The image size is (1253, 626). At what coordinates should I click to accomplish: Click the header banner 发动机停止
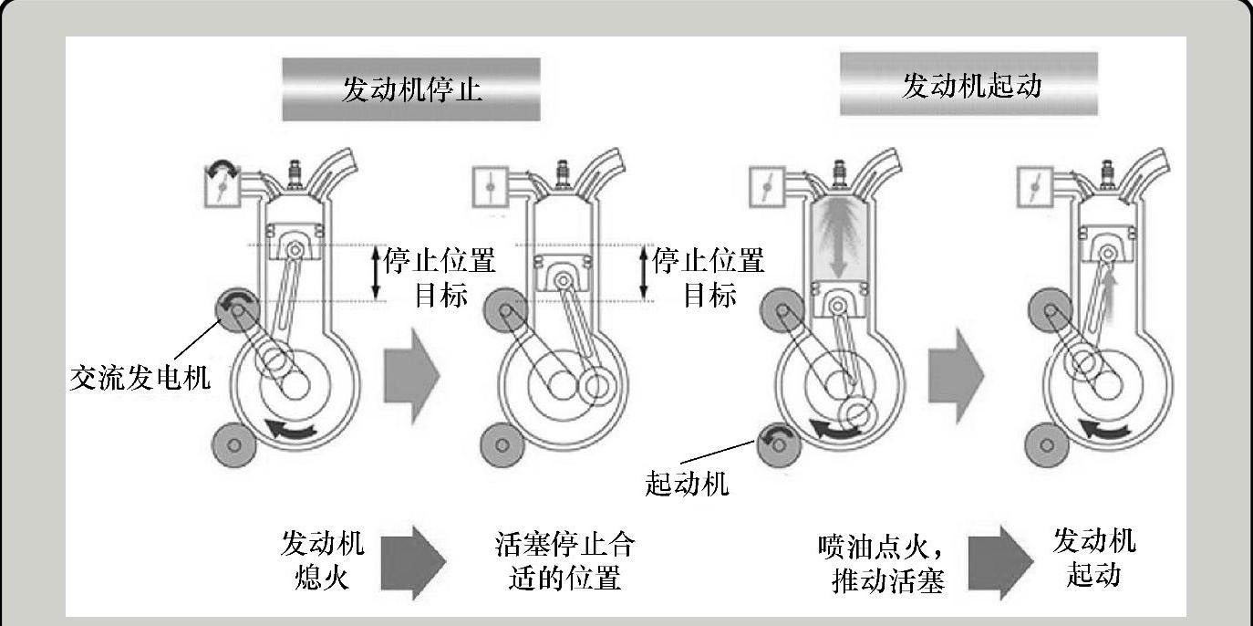(x=411, y=89)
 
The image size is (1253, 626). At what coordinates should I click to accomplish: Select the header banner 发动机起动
(x=968, y=84)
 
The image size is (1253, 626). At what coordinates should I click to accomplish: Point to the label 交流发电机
(x=140, y=378)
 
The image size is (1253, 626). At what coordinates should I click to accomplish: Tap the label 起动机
(x=687, y=484)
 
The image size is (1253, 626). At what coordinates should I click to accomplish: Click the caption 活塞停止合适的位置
(x=565, y=561)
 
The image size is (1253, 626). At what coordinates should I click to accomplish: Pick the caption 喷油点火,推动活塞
(x=882, y=564)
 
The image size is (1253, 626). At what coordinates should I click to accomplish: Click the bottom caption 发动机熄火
(x=322, y=559)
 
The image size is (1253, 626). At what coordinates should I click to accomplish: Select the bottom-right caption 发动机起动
(x=1094, y=558)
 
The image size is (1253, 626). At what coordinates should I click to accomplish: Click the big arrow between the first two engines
(x=412, y=376)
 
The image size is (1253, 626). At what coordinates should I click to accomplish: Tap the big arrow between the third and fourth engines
(x=956, y=376)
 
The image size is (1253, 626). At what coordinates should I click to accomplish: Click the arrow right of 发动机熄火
(x=413, y=563)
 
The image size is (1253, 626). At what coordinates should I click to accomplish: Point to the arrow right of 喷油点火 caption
(x=1000, y=563)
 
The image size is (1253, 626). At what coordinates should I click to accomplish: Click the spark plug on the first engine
(x=295, y=175)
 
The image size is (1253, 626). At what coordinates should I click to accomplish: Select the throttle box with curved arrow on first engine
(x=223, y=184)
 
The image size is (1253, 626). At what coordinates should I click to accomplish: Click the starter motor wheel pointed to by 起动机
(x=779, y=445)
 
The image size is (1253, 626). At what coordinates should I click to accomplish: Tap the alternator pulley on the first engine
(x=237, y=310)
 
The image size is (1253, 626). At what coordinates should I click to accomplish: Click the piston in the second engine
(x=563, y=273)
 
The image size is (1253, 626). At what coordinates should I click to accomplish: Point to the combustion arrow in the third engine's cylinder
(x=837, y=240)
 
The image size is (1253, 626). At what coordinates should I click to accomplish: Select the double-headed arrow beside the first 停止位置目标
(x=376, y=273)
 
